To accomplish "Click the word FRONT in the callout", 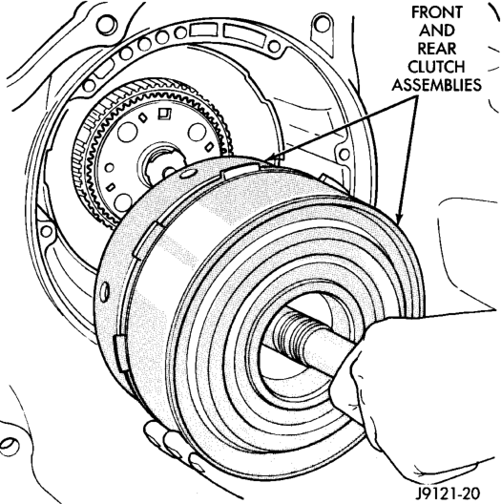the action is point(437,12).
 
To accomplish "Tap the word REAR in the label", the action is point(437,49).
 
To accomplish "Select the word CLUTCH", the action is point(436,67).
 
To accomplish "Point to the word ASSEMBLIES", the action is point(436,85).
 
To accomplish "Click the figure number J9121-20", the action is point(448,493).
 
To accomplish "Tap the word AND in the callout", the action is point(437,31).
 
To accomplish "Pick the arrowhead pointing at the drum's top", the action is point(271,157).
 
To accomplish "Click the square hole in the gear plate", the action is point(164,114).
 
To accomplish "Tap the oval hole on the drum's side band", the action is point(104,292).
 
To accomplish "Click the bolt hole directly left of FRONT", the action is point(323,25).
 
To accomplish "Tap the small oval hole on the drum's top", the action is point(187,174).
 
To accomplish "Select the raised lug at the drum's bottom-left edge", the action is point(120,353).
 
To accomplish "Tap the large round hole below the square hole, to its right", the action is point(197,133).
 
